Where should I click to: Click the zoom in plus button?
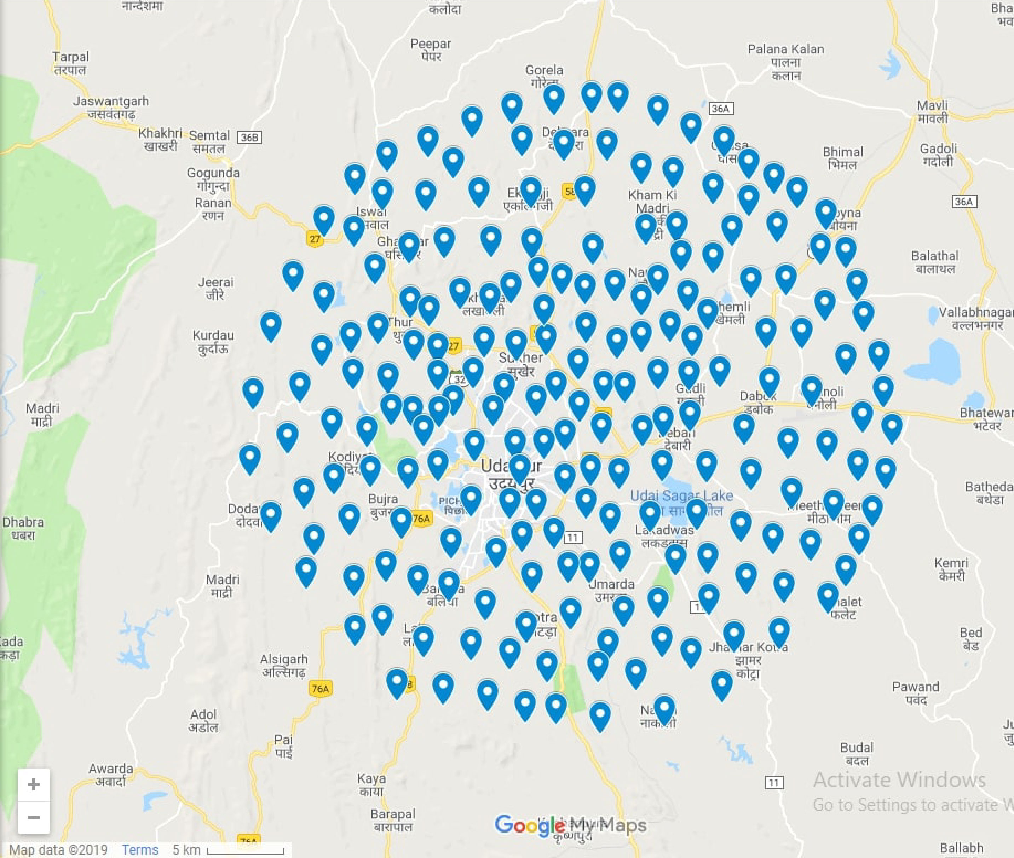pyautogui.click(x=34, y=784)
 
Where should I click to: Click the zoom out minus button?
pyautogui.click(x=34, y=817)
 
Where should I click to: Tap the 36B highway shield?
pyautogui.click(x=249, y=137)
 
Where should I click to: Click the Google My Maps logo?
pyautogui.click(x=570, y=825)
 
